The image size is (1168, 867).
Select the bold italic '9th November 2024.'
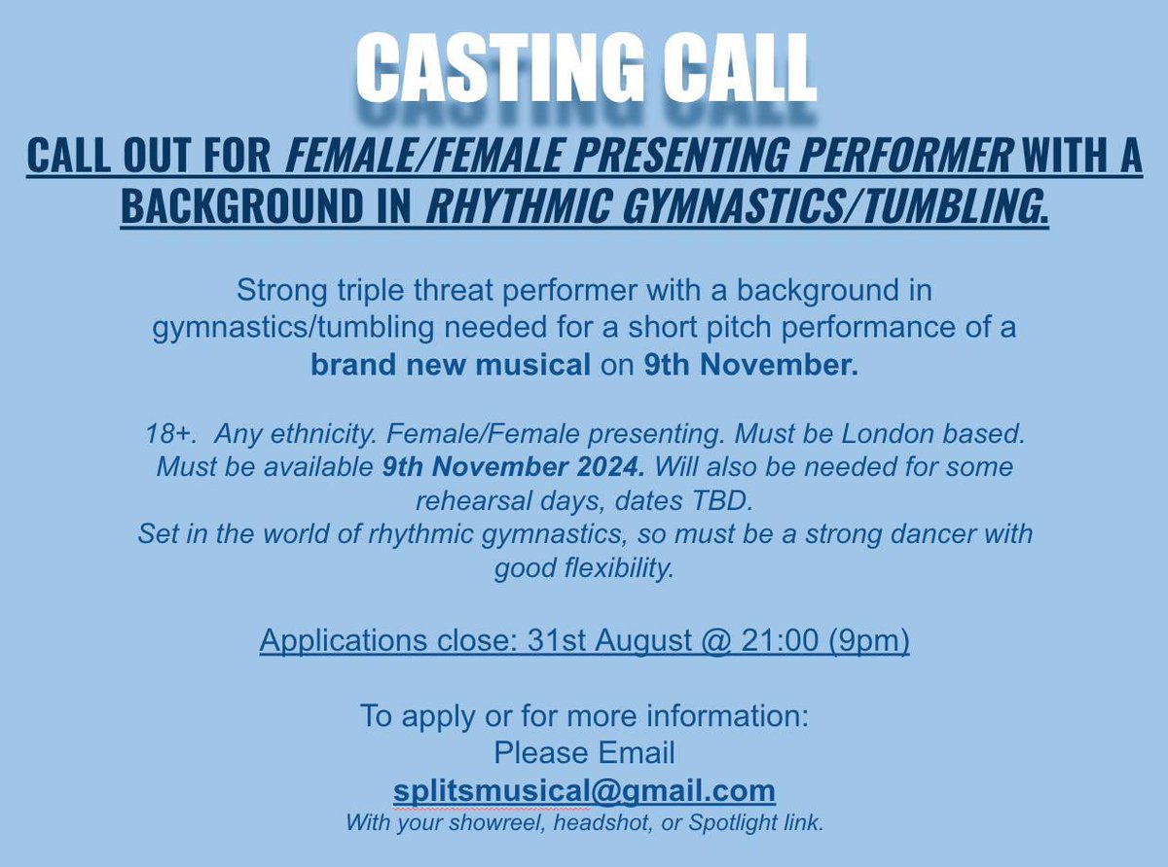coord(512,467)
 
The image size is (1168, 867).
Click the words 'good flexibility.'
coord(584,568)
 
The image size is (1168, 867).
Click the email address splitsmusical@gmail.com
coord(584,789)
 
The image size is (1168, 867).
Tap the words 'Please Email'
coord(584,752)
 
